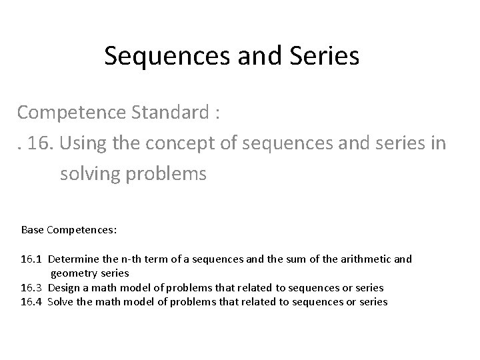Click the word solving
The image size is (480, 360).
pos(89,174)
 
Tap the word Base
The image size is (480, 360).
pos(32,230)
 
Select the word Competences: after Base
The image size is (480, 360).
pos(81,230)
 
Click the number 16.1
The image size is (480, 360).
pos(32,259)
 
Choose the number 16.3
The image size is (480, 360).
pos(32,287)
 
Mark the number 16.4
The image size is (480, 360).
pos(32,301)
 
